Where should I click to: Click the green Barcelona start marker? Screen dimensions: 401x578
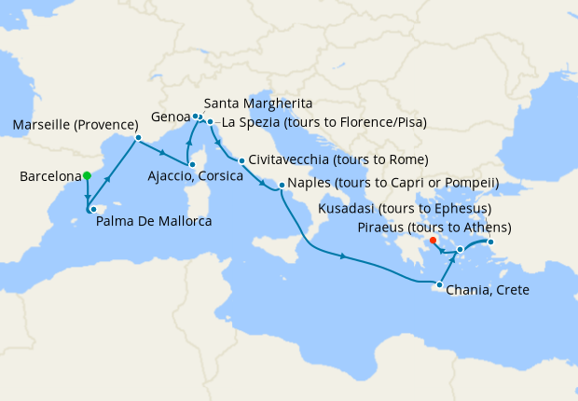[87, 175]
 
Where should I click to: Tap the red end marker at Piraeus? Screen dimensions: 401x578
[433, 241]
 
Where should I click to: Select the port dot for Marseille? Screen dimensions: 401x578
[138, 138]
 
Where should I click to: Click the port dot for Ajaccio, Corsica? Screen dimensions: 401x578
[189, 172]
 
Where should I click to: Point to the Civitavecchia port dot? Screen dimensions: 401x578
[241, 160]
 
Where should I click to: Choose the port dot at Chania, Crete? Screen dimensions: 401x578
[439, 283]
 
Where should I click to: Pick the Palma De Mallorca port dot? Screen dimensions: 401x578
[93, 209]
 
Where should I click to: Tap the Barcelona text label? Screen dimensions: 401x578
[49, 176]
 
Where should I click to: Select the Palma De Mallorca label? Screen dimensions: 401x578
[154, 222]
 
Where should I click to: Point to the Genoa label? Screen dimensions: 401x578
[170, 117]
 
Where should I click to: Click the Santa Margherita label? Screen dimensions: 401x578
[257, 103]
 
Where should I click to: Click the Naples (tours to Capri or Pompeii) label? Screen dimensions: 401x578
[393, 183]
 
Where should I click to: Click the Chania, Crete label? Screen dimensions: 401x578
[488, 290]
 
